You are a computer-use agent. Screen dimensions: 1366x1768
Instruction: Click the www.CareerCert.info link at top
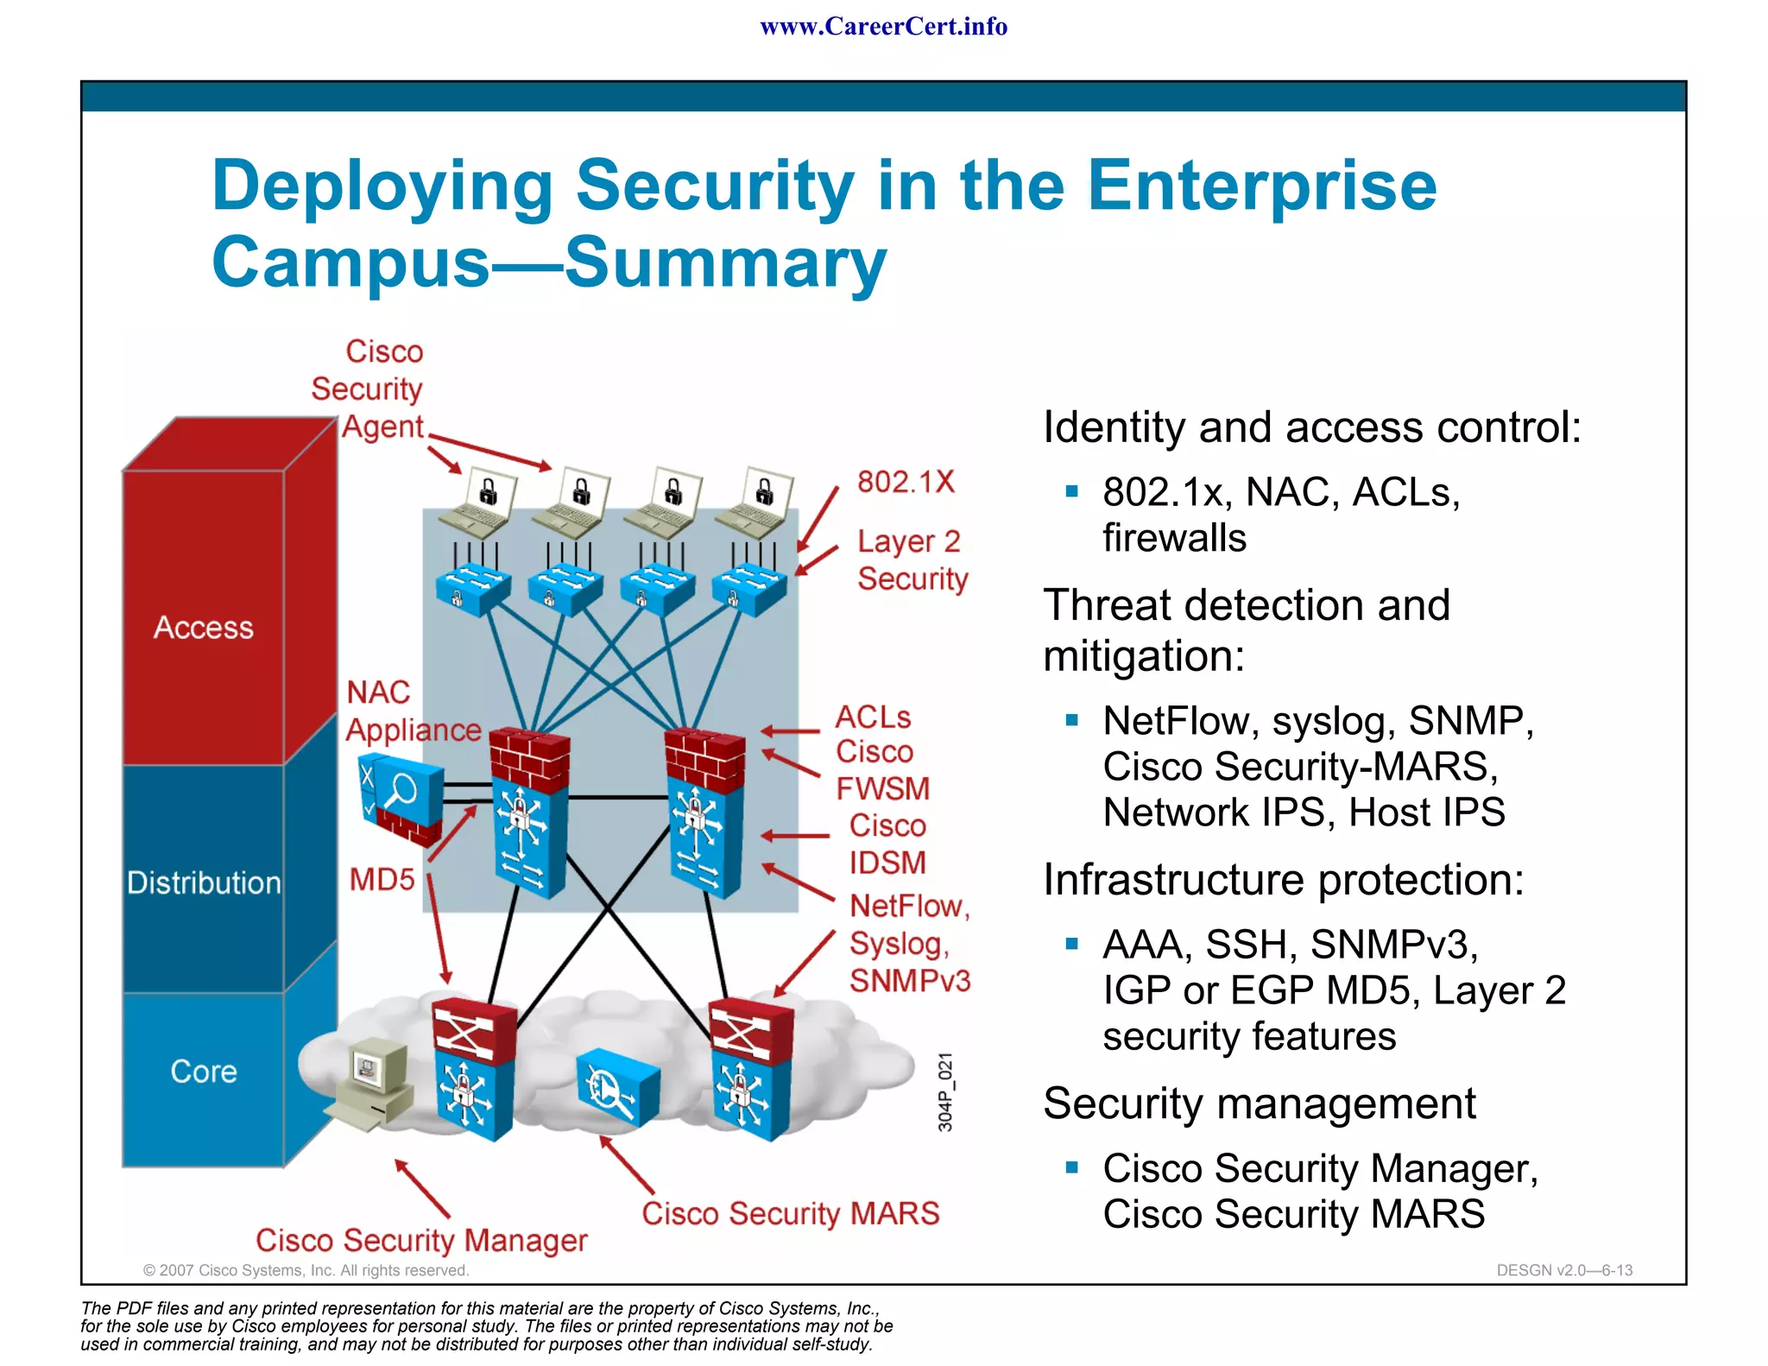point(883,27)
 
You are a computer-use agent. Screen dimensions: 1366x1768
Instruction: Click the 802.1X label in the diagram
point(906,482)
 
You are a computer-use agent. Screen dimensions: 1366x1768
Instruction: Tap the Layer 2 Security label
point(912,560)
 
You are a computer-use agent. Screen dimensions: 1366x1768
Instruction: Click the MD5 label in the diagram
point(382,879)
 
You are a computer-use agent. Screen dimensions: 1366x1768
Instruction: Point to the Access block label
point(204,628)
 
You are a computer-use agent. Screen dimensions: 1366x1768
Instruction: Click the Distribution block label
point(204,882)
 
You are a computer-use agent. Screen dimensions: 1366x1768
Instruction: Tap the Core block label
point(204,1072)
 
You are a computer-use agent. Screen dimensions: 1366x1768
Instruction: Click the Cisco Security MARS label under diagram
point(790,1213)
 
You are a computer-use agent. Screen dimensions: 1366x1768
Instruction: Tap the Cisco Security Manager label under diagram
point(421,1241)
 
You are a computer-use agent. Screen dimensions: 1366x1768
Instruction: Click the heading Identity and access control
point(1311,427)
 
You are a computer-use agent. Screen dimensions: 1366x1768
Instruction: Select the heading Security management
point(1259,1104)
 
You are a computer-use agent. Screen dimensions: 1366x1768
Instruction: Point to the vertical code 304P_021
point(945,1091)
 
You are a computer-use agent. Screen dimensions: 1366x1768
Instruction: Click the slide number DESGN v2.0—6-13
point(1563,1270)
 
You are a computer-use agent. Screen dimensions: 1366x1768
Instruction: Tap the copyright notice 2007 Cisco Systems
point(306,1270)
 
